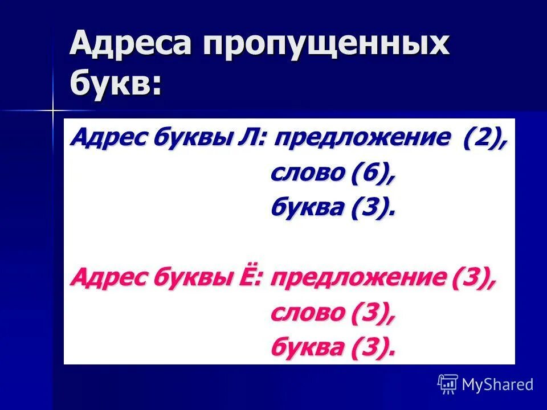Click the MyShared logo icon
[448, 384]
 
